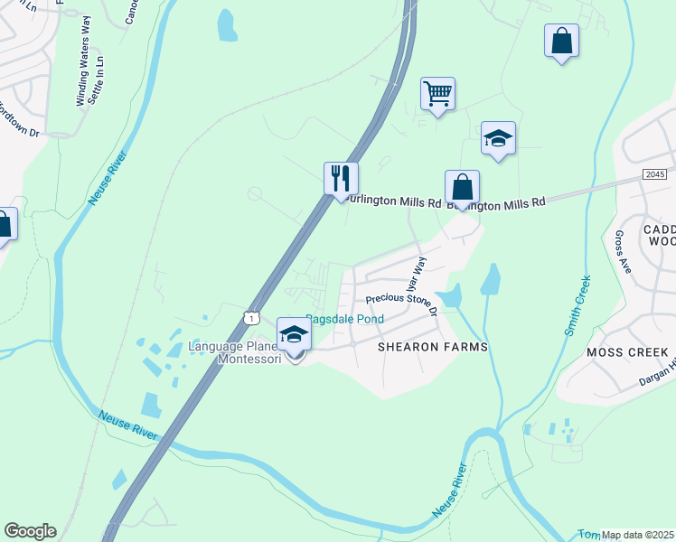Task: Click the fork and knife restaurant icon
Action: [342, 177]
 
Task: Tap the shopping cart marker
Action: [437, 93]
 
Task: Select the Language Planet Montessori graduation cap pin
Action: [294, 335]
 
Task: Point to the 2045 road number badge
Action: [656, 173]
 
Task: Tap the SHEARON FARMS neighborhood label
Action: [432, 347]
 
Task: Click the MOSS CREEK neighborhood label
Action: [627, 351]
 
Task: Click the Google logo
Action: [30, 531]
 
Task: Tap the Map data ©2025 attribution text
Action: [638, 534]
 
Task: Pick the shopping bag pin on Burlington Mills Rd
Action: [462, 189]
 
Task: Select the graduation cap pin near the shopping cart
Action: [498, 138]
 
